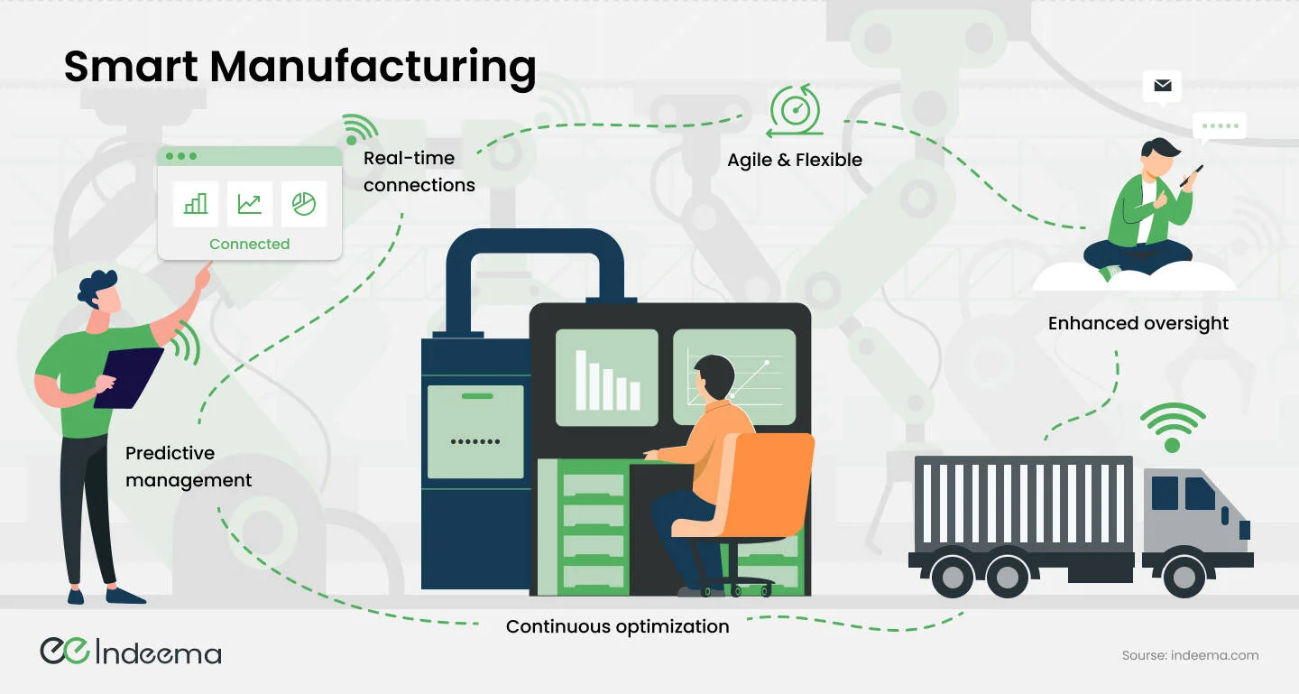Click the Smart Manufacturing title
pos(299,68)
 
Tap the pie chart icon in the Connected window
pos(304,204)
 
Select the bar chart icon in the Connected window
pos(196,204)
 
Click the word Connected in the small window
pos(250,244)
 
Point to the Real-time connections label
pos(419,171)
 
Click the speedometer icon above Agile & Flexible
pos(795,110)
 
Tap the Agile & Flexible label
pos(795,160)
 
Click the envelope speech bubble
pos(1162,87)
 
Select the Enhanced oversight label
pos(1138,323)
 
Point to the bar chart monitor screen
pos(606,377)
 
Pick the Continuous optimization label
pos(617,626)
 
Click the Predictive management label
pos(189,467)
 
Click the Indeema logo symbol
pos(63,651)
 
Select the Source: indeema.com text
pos(1190,655)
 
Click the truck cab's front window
pos(1200,494)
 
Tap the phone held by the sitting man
pos(1192,176)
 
